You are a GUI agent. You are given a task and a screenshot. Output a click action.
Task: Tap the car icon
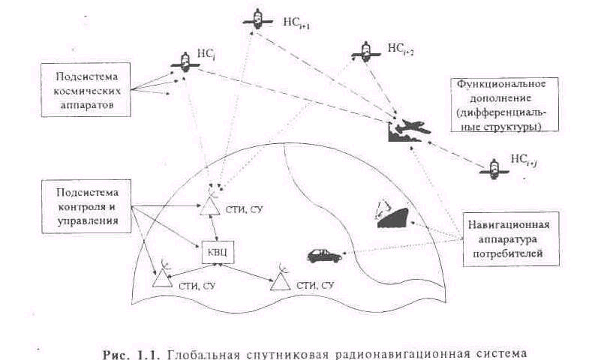[324, 256]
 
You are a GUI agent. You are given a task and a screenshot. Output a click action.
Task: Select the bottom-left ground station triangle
[162, 278]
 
